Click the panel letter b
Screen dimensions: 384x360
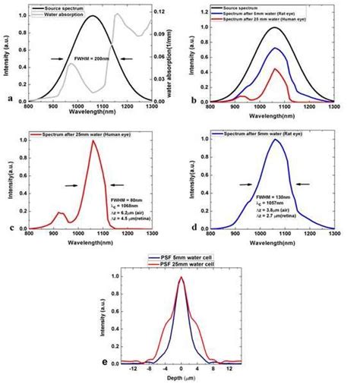click(188, 99)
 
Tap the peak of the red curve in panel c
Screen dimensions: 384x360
click(94, 140)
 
